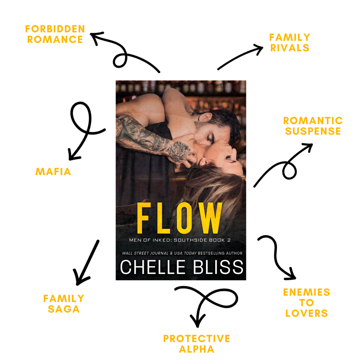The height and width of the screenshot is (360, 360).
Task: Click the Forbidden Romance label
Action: (x=55, y=34)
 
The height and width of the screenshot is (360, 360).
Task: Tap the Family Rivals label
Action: (x=290, y=43)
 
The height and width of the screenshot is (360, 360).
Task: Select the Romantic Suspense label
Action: (x=313, y=126)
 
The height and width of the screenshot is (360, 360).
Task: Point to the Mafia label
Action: (x=53, y=172)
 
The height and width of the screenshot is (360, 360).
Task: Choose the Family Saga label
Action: (x=64, y=304)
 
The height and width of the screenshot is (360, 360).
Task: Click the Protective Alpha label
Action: (x=197, y=344)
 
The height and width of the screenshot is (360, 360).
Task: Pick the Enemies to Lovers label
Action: (x=307, y=303)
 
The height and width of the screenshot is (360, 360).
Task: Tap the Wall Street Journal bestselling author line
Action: (x=182, y=253)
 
